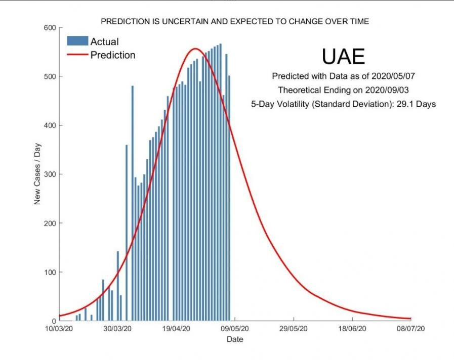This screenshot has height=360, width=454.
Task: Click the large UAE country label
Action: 343,56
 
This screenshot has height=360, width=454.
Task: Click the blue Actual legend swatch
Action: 77,41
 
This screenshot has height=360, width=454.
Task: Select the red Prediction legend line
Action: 77,55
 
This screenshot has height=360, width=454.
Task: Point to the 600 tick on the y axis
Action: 49,28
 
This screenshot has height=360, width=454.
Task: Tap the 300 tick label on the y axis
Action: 49,174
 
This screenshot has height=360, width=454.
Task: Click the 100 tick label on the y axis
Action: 49,272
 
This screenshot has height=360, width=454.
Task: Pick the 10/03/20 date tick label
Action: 60,329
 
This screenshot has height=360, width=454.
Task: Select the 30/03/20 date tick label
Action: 118,329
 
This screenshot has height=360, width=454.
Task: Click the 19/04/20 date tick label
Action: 177,329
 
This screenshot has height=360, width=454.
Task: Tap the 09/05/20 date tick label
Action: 235,329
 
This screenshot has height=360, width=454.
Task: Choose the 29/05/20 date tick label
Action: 294,329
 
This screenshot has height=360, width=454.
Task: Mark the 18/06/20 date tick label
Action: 352,329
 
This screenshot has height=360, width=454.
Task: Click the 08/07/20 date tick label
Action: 410,329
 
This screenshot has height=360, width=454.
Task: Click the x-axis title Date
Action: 235,339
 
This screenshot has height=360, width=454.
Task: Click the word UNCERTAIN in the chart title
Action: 184,21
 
